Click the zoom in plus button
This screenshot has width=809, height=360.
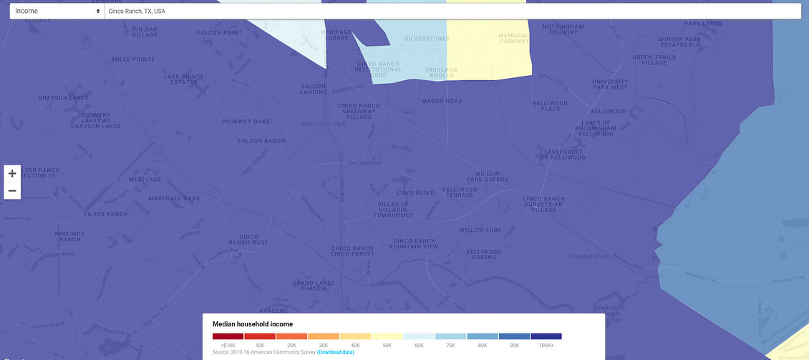click(12, 173)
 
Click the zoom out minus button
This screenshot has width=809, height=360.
click(12, 191)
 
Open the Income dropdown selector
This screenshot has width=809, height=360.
click(57, 11)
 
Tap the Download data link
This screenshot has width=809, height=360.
click(336, 352)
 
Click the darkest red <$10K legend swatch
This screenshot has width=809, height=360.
click(228, 336)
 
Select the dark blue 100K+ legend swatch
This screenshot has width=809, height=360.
click(546, 336)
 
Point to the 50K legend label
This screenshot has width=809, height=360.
click(387, 345)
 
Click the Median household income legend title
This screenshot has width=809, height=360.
click(253, 324)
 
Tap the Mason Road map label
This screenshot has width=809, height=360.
click(442, 102)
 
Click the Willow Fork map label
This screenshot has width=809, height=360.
click(480, 230)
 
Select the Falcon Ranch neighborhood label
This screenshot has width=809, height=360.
click(261, 141)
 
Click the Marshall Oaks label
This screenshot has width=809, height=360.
click(173, 198)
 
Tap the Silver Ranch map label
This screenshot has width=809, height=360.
click(105, 214)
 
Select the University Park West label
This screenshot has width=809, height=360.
click(610, 84)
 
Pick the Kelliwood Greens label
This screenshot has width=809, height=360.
click(483, 254)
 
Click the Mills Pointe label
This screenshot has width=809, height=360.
click(133, 59)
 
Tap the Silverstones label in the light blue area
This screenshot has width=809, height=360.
click(426, 39)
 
